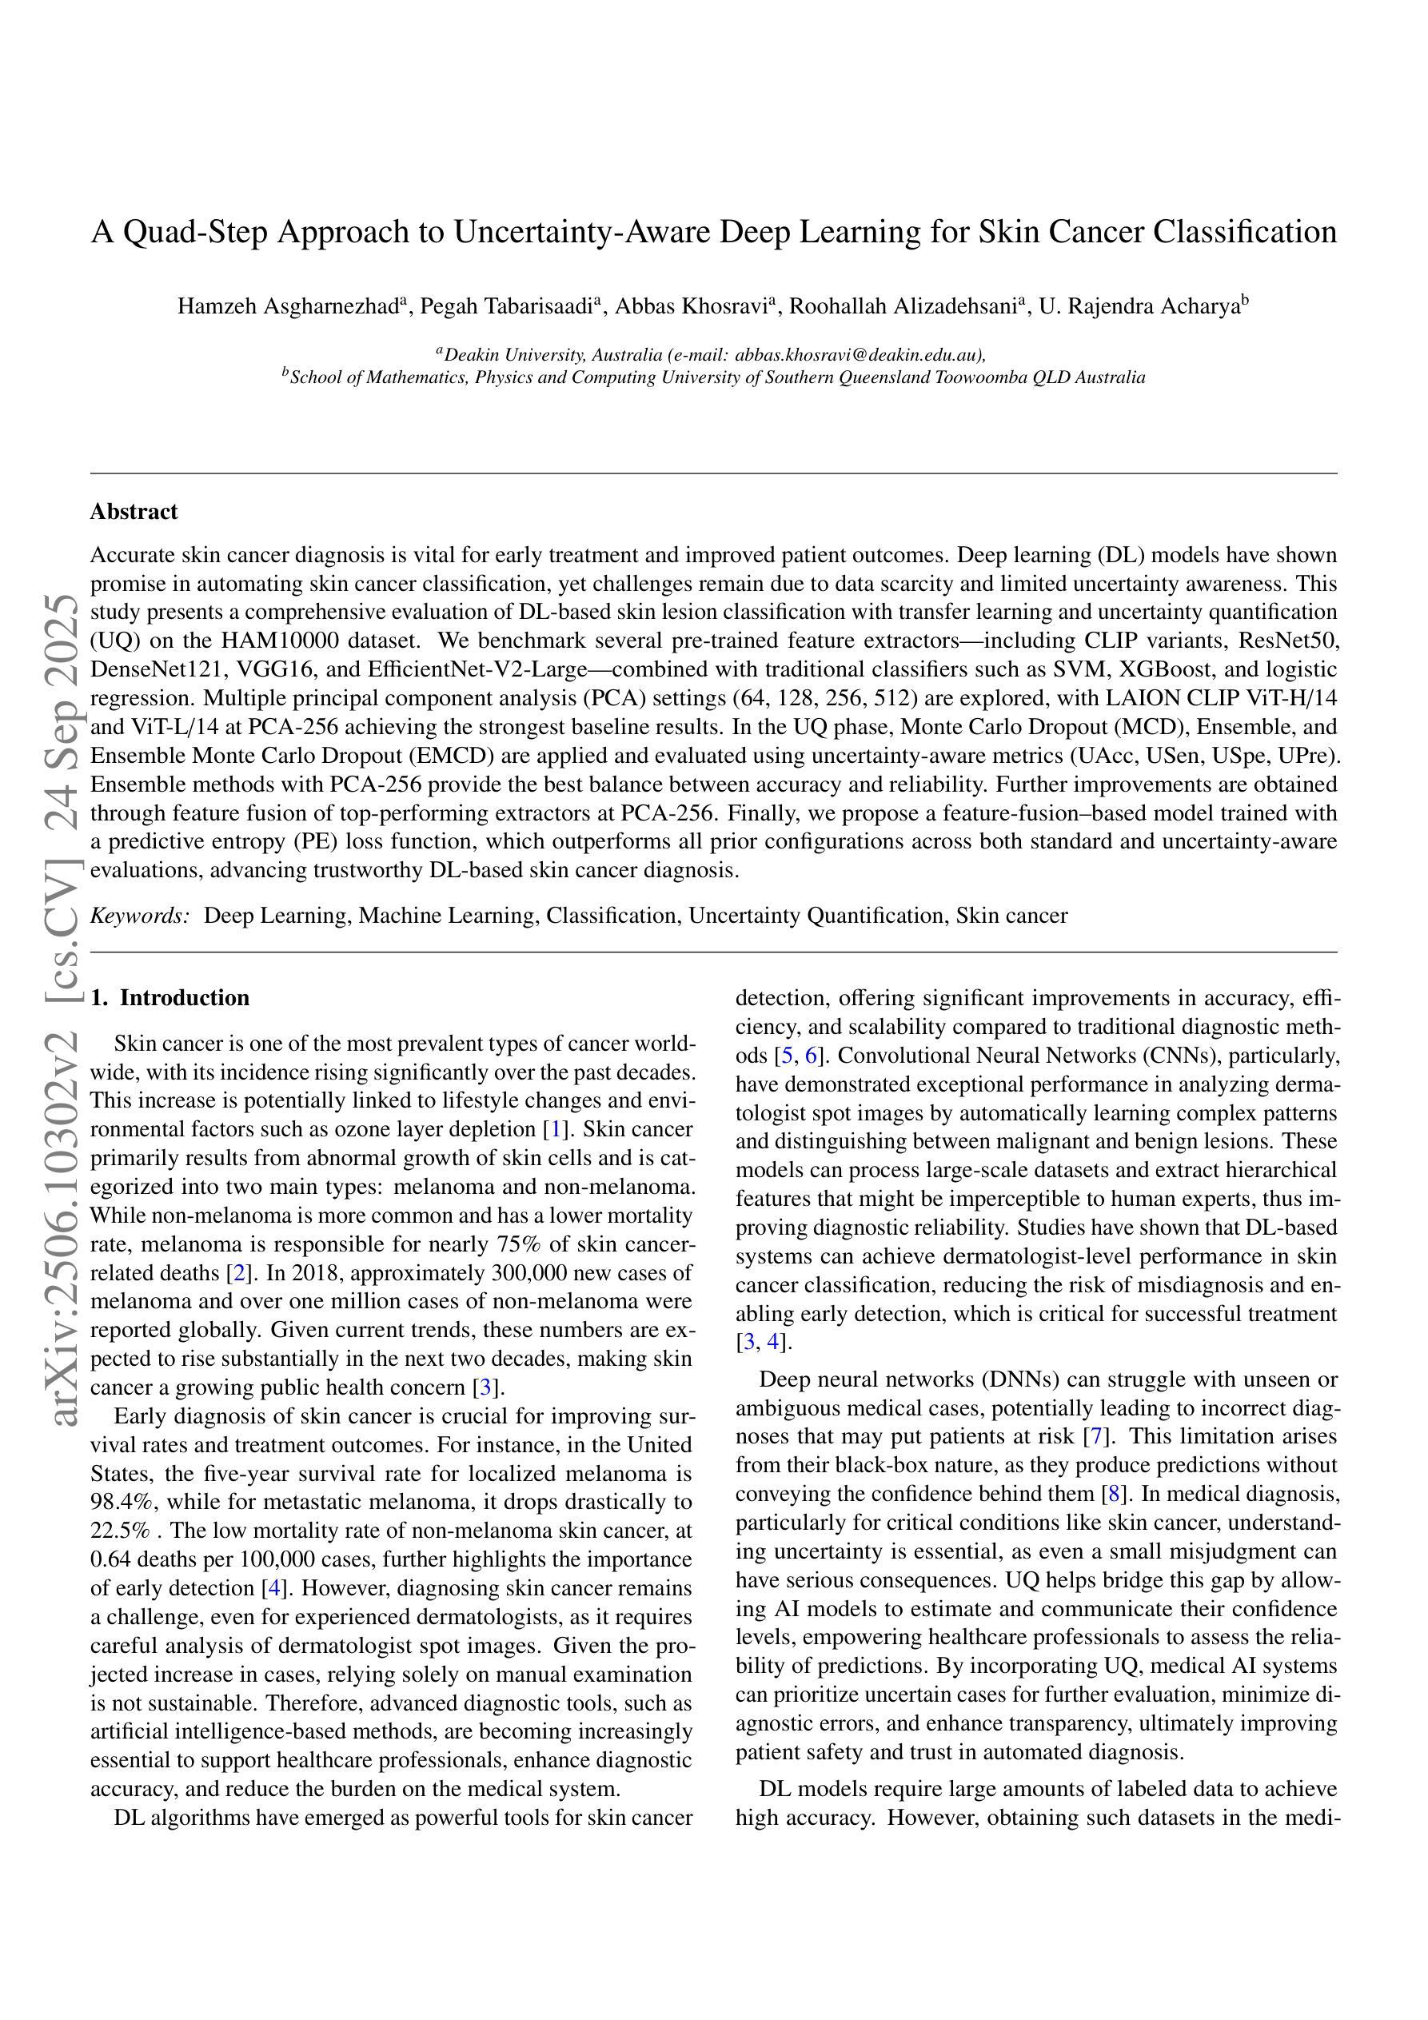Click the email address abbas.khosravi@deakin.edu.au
858,355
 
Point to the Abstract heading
134,512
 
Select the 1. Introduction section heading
170,998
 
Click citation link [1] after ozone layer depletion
555,1130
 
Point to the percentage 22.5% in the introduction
120,1531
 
